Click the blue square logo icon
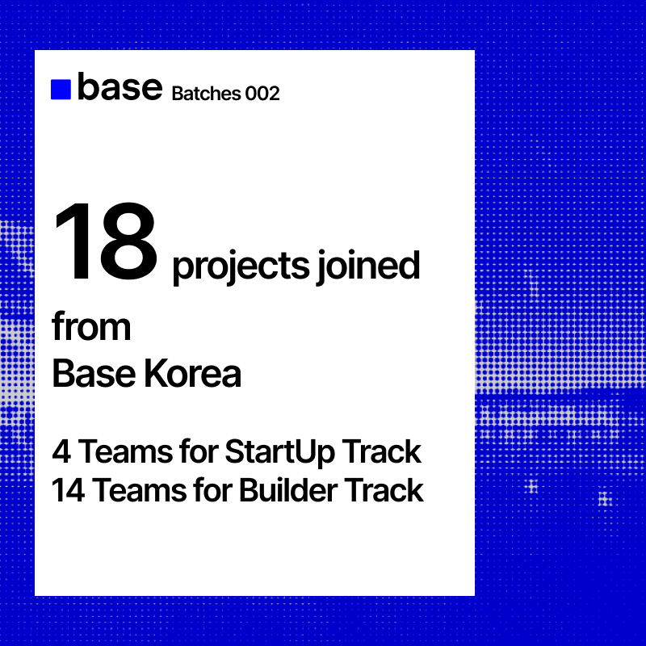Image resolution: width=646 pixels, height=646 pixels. (x=61, y=90)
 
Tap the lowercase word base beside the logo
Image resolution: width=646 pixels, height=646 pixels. (x=120, y=87)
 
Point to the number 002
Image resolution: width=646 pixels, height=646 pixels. (x=262, y=94)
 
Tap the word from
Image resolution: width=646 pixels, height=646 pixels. (x=91, y=327)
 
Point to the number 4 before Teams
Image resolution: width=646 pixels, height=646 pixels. (x=61, y=452)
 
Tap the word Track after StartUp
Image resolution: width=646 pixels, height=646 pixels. (x=379, y=452)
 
